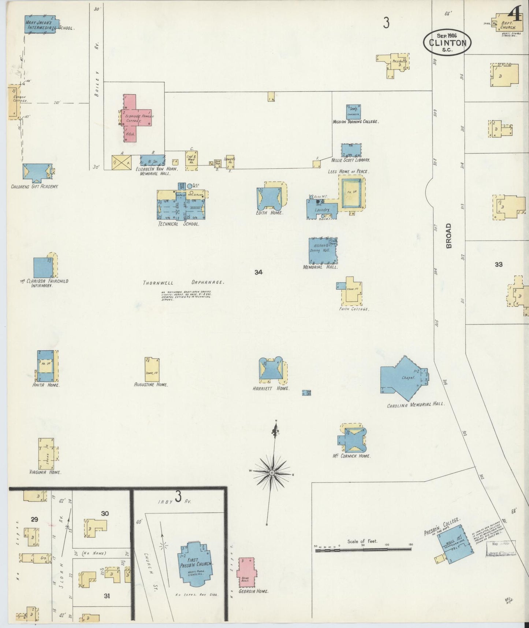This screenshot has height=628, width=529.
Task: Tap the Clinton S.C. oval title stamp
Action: [448, 42]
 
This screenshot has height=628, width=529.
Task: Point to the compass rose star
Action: [272, 473]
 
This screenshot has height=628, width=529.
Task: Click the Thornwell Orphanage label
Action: [183, 282]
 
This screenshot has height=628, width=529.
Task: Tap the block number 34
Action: [258, 272]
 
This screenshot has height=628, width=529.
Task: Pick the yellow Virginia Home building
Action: [46, 453]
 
